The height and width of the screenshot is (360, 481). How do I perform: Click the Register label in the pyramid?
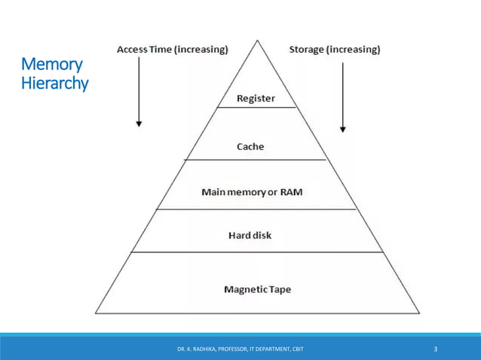[256, 99]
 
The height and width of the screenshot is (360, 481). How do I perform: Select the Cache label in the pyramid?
[250, 146]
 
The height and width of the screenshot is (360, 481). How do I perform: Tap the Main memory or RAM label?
[252, 192]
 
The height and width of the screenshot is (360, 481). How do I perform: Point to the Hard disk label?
[250, 236]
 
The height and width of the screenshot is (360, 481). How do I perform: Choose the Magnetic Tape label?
[257, 289]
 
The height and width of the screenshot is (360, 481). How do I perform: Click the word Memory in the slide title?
[52, 65]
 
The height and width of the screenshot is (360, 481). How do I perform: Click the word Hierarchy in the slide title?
[55, 84]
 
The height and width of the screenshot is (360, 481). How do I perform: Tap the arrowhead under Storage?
[343, 129]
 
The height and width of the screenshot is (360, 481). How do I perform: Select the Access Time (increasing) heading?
[172, 50]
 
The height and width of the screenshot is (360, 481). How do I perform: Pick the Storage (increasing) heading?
[335, 50]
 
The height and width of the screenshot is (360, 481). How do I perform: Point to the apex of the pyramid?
[257, 38]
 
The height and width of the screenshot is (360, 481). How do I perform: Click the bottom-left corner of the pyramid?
[96, 313]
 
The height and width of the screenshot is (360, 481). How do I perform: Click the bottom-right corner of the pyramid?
[419, 313]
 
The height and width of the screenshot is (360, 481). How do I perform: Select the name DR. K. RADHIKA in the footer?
[195, 349]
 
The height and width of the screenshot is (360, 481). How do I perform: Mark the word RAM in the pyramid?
[291, 192]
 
